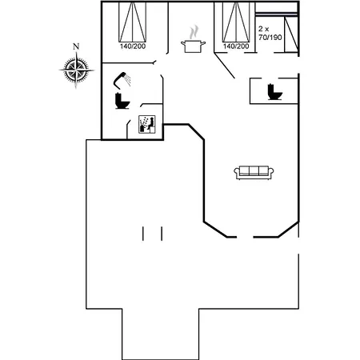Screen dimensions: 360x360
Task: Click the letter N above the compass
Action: point(76,46)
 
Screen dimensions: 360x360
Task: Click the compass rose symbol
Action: point(77,70)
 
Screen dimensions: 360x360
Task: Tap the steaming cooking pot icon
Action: point(193,39)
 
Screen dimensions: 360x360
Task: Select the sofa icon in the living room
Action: point(254,173)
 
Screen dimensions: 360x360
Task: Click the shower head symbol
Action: point(120,79)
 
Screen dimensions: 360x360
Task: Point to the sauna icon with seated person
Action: point(147,124)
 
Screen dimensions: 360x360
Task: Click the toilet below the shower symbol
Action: point(122,101)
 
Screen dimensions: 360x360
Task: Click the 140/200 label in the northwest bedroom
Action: point(133,46)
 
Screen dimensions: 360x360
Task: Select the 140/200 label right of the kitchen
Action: point(236,46)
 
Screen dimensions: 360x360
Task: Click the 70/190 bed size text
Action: point(270,38)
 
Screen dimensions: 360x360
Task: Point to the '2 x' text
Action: point(264,29)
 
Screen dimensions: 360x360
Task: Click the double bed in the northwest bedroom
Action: point(133,22)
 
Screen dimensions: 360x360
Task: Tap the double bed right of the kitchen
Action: point(236,22)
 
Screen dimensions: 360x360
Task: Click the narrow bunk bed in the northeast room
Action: point(291,34)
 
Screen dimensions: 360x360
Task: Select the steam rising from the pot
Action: point(194,32)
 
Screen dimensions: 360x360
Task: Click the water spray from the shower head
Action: point(128,80)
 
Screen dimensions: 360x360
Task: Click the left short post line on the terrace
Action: point(143,234)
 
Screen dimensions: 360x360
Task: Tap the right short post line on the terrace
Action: point(162,234)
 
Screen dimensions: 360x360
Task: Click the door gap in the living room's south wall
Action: point(245,237)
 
